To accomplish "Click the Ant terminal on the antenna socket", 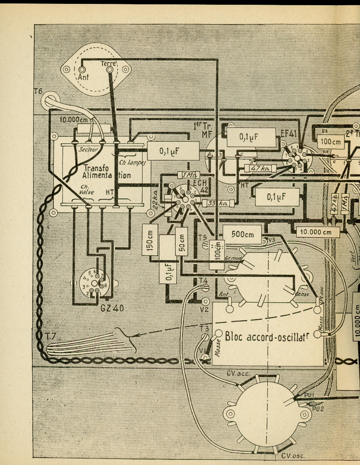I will pos(82,69).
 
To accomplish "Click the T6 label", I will pos(38,91).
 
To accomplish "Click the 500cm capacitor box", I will pos(242,234).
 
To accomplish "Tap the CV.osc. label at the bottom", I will pos(292,455).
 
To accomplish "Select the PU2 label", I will pos(318,408).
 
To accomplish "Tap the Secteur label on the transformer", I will pos(89,149).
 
